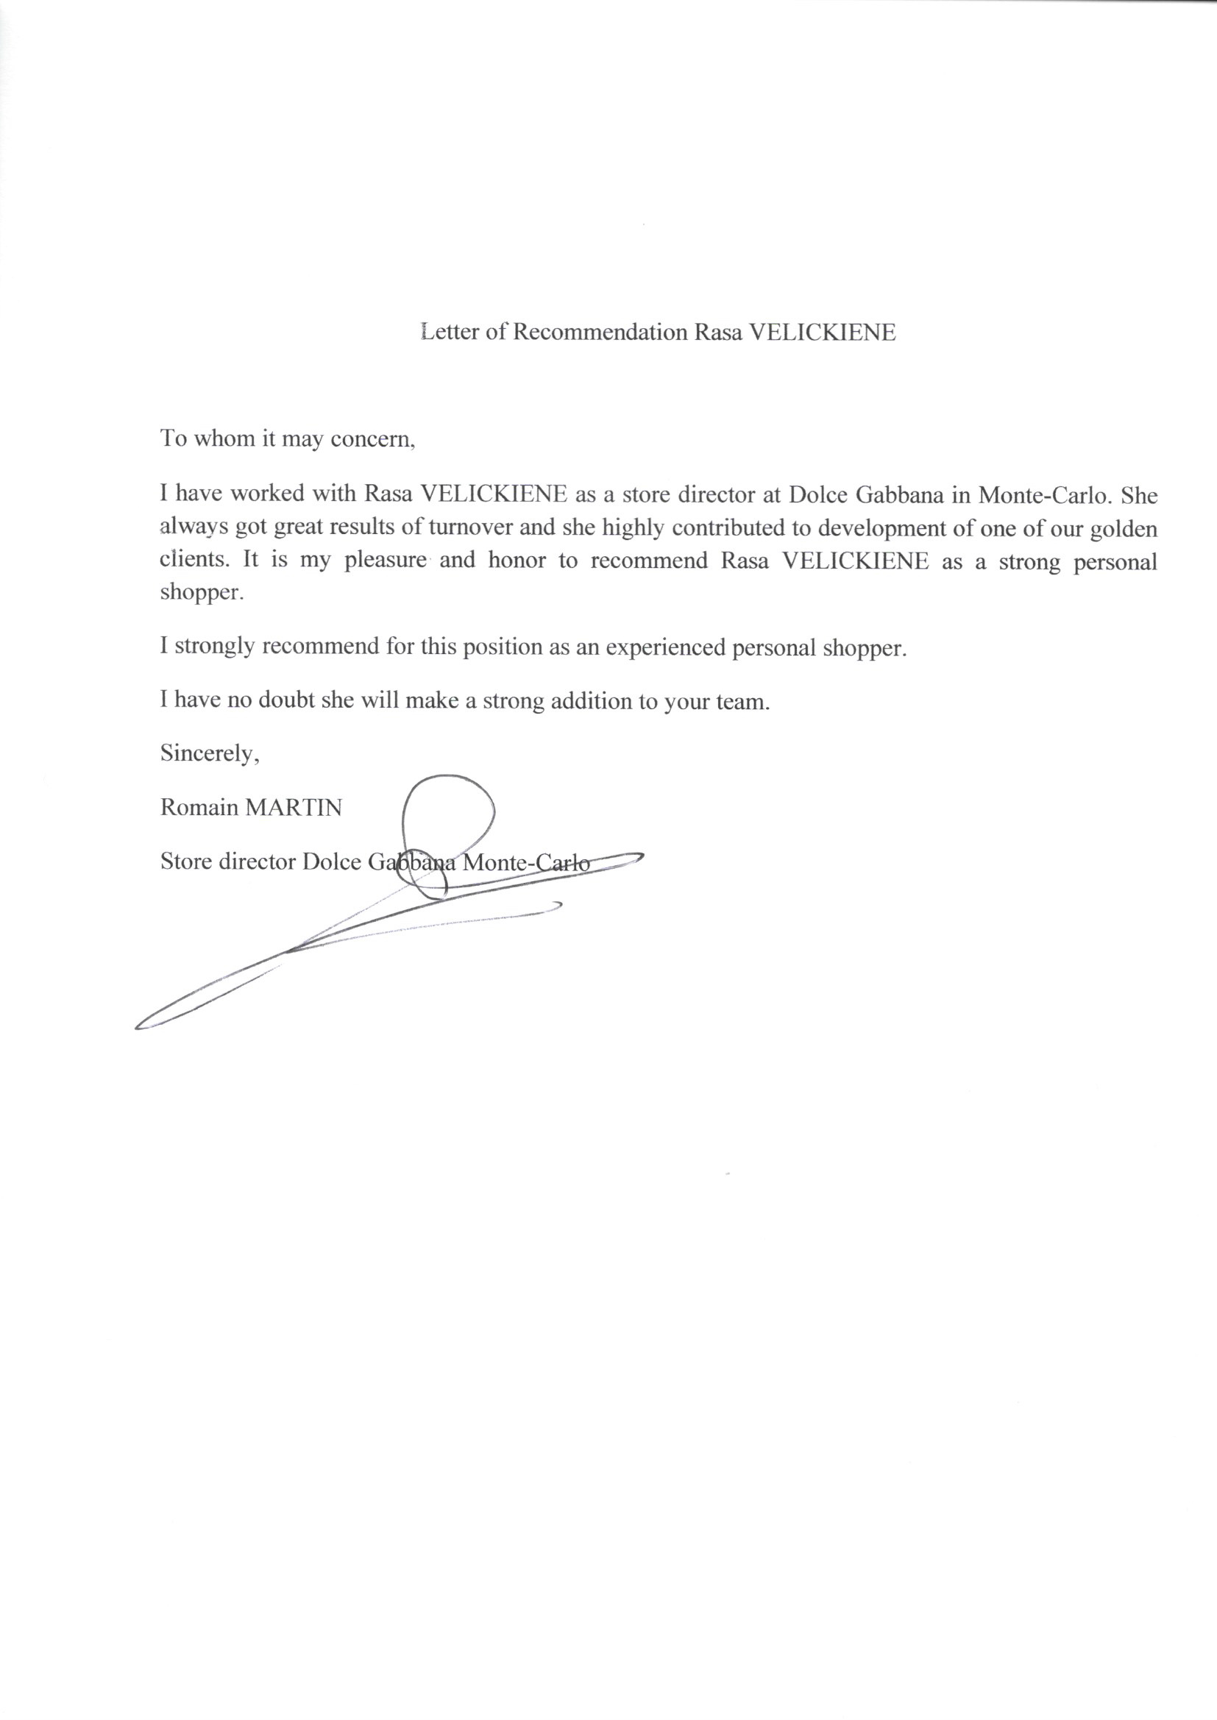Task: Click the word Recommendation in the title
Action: pyautogui.click(x=600, y=332)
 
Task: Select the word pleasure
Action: pyautogui.click(x=385, y=561)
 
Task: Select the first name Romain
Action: pyautogui.click(x=195, y=807)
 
